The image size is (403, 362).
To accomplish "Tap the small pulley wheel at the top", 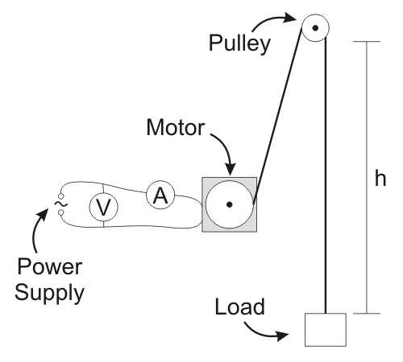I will click(x=315, y=27).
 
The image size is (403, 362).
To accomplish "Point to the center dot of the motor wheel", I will click(x=230, y=204).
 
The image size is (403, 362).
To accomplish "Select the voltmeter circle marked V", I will click(x=102, y=208).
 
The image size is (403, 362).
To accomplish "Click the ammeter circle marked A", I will click(x=160, y=196).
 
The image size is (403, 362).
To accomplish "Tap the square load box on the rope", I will click(x=326, y=329).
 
